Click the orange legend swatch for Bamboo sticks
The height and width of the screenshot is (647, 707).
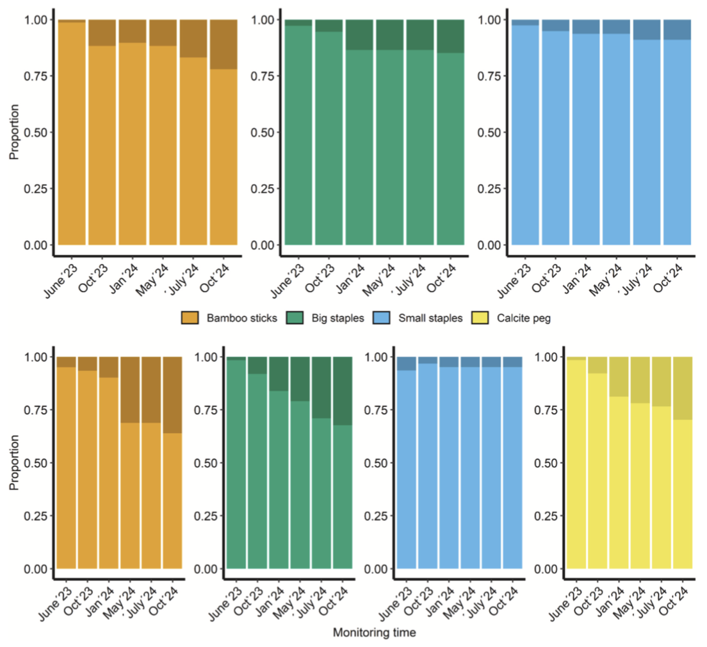coord(191,318)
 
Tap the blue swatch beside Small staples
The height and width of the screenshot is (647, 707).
coord(385,318)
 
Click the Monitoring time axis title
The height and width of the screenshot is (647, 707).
coord(374,632)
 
